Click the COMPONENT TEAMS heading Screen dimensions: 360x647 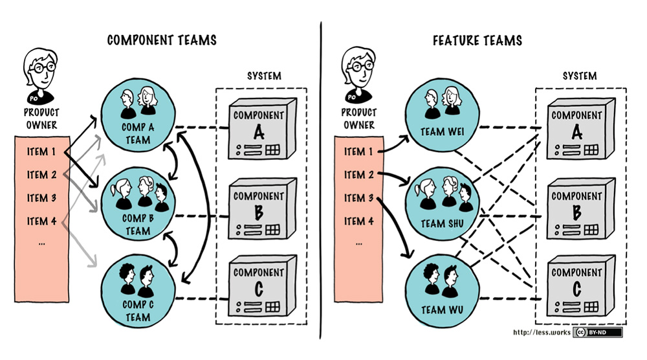pos(162,41)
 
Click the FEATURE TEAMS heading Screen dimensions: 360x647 pos(477,41)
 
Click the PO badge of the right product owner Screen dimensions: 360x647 pos(352,98)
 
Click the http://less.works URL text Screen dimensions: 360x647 pos(541,333)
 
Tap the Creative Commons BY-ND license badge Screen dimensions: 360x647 pos(597,332)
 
